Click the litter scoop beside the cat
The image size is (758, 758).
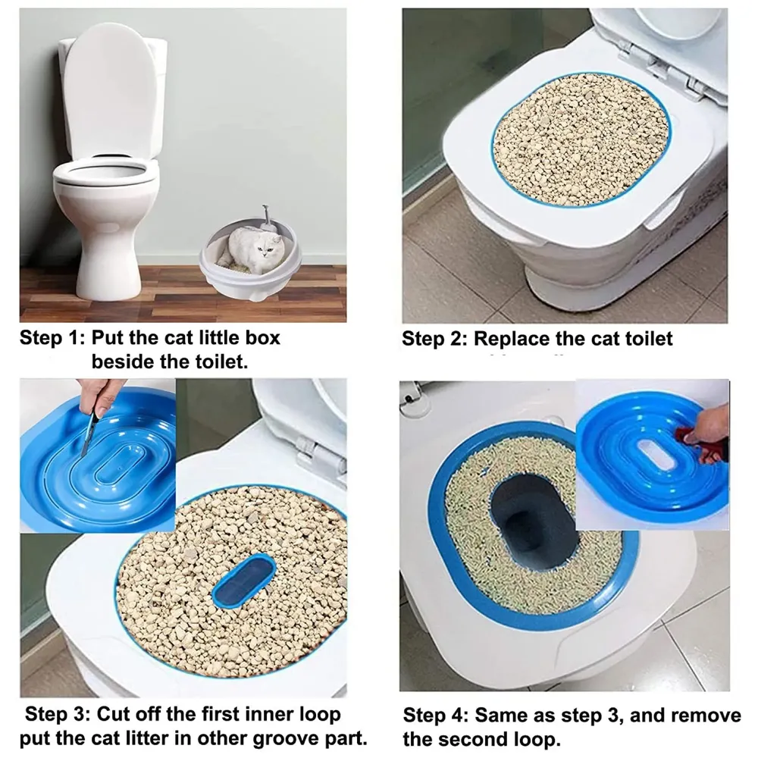coord(265,216)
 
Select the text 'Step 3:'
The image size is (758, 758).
coord(58,714)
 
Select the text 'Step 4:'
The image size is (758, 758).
coord(435,715)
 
